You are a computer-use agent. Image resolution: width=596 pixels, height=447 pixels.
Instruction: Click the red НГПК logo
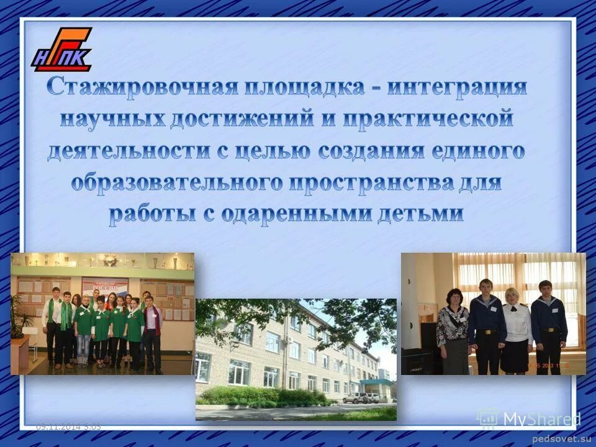pos(61,50)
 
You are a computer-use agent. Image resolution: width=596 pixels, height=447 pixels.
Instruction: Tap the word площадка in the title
pos(304,86)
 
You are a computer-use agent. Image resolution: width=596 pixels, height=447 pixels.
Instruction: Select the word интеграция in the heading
pos(458,86)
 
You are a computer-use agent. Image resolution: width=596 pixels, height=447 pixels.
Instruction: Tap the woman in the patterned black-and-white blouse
pos(453,329)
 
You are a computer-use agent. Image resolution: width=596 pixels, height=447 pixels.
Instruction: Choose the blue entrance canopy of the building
pos(376,382)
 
